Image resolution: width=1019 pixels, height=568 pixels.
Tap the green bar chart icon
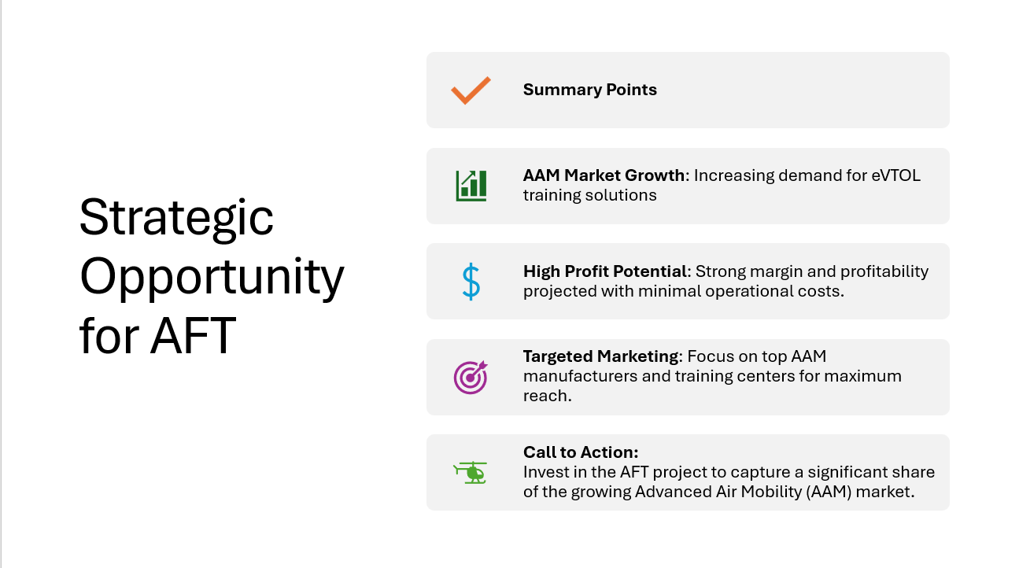point(471,186)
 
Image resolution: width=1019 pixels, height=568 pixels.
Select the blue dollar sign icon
point(471,282)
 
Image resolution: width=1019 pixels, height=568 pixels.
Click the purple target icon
point(471,377)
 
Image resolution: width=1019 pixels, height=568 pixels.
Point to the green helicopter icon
point(471,473)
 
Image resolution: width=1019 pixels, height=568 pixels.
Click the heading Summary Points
point(589,90)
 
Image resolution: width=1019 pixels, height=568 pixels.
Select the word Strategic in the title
point(176,219)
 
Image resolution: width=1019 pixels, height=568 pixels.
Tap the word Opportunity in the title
point(212,277)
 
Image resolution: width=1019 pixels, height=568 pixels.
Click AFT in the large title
point(193,336)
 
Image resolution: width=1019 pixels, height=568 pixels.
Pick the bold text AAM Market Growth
point(604,175)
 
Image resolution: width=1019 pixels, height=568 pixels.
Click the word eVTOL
point(895,175)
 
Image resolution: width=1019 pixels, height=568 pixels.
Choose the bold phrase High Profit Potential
point(605,271)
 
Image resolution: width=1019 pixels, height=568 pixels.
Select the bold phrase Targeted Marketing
point(601,356)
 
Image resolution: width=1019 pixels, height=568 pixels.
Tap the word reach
point(547,396)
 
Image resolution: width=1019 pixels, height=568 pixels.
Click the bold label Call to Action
point(581,452)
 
